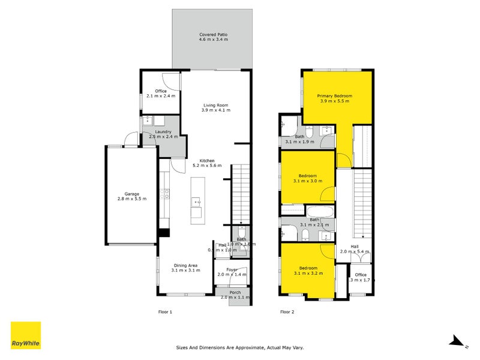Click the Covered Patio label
click(213, 35)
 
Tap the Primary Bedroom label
click(334, 96)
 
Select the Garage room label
click(132, 194)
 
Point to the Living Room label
click(215, 106)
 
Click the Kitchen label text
click(207, 160)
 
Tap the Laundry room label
click(163, 132)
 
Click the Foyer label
click(232, 269)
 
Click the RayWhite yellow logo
click(26, 335)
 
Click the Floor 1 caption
click(165, 312)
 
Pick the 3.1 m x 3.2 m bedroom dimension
click(309, 273)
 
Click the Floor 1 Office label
click(160, 91)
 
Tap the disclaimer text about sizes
click(240, 347)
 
